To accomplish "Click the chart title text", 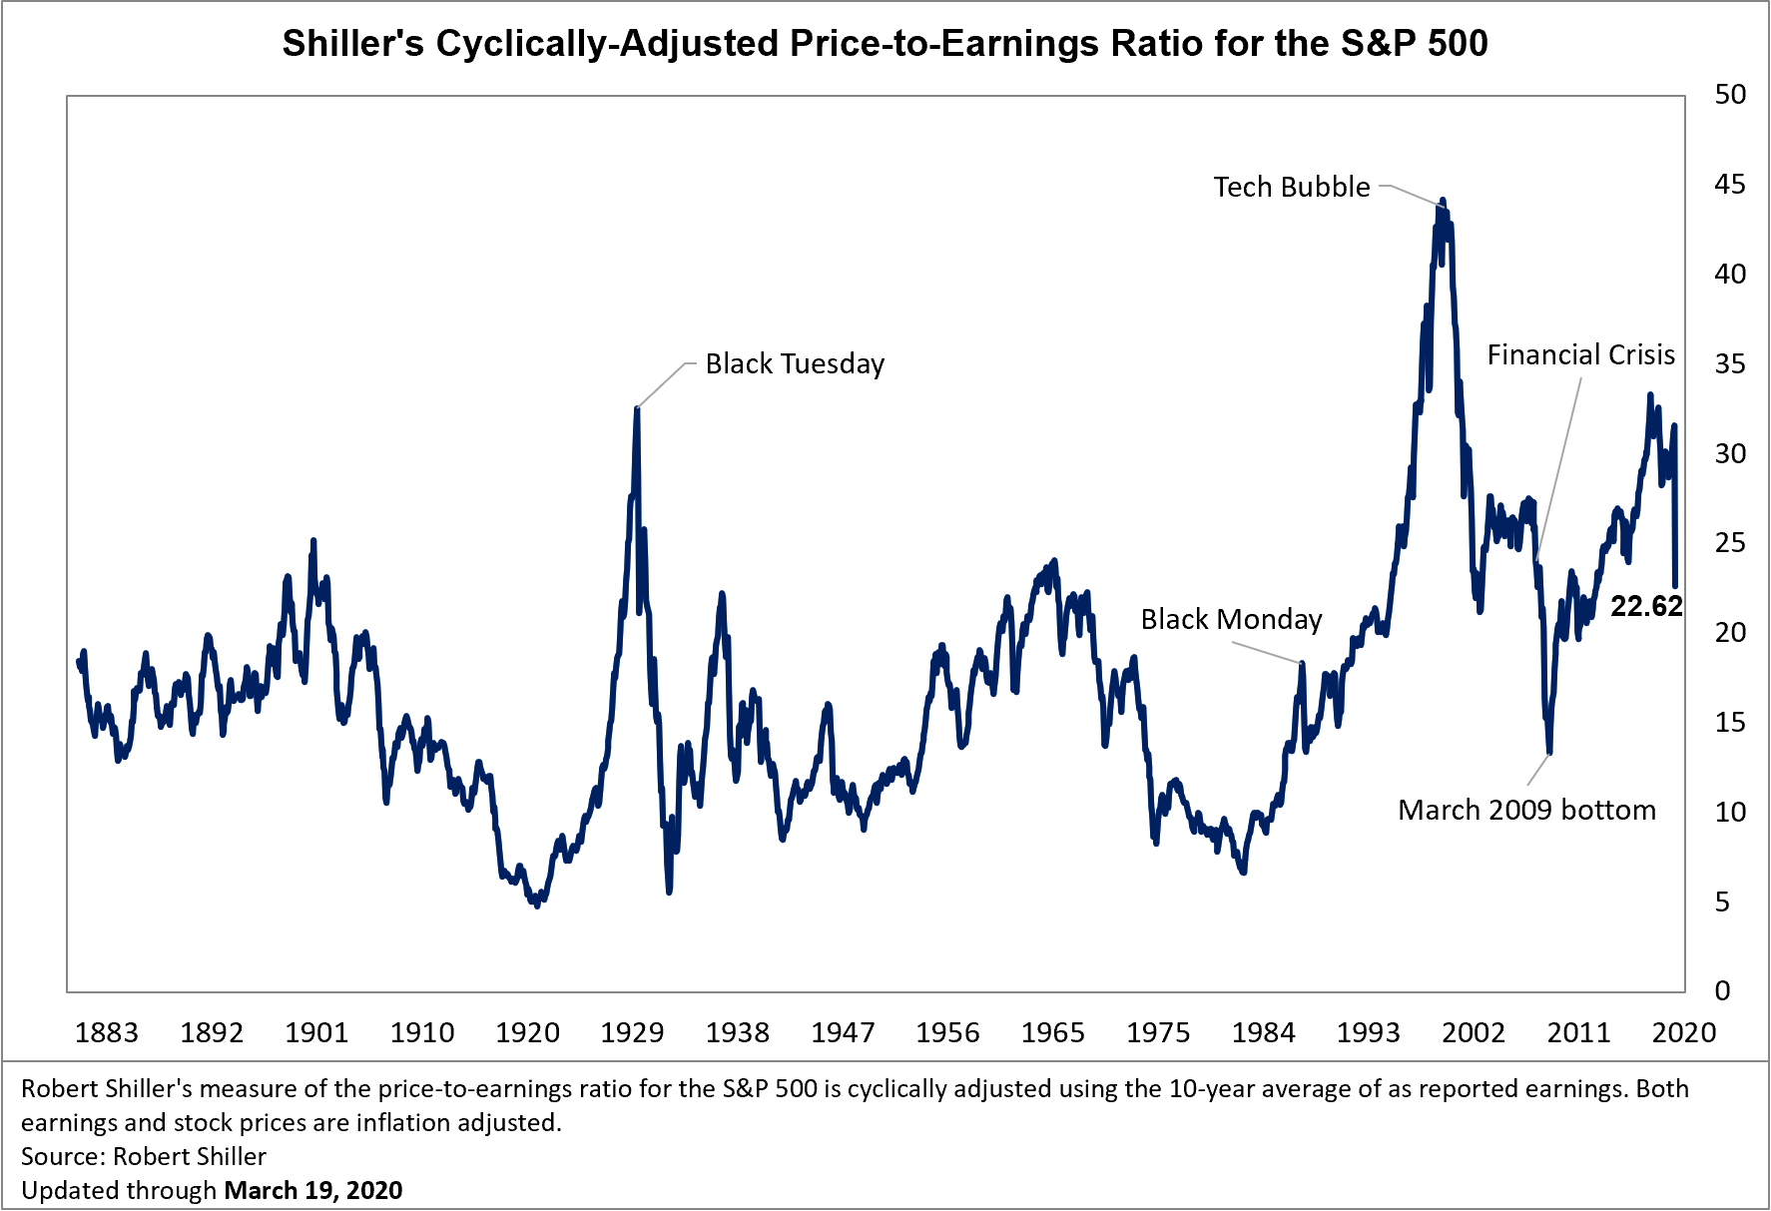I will (x=885, y=44).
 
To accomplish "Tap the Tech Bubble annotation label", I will (x=1291, y=187).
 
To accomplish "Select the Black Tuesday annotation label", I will (x=795, y=363).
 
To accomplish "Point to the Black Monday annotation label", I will (x=1231, y=619).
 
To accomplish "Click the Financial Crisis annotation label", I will (x=1580, y=355).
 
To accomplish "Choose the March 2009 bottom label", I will (x=1526, y=810).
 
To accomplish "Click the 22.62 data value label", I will (x=1646, y=606).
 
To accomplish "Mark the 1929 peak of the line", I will (x=637, y=408).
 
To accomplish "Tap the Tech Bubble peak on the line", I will (x=1442, y=201).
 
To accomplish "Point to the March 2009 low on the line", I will (x=1549, y=752).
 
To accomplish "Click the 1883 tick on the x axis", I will (x=107, y=1032).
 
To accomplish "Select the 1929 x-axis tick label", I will (x=632, y=1032).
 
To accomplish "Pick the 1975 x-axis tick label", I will (x=1158, y=1032).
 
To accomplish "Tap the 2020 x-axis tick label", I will (x=1683, y=1032).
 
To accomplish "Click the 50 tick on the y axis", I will (x=1730, y=95).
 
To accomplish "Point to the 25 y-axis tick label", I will (x=1730, y=543).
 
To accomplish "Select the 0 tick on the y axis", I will (x=1722, y=990).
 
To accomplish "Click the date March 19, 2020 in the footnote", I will (x=313, y=1190).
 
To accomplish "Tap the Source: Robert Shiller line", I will (x=144, y=1156).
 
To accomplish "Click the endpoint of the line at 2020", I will (x=1675, y=586).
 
